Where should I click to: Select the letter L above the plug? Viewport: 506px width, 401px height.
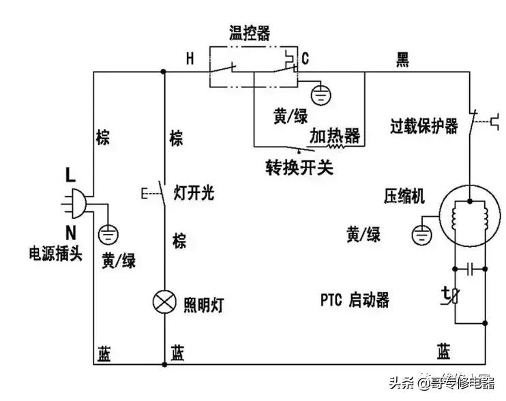70,175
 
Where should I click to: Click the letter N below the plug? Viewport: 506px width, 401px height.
70,230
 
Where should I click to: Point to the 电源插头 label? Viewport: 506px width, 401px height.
55,253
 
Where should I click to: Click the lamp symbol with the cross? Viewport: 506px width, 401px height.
165,302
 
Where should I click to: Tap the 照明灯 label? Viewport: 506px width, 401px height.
204,303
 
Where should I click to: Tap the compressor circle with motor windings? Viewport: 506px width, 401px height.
468,214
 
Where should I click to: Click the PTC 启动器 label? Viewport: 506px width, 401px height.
355,300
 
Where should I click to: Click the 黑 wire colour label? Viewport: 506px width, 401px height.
402,60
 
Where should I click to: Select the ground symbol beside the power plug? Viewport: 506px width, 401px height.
108,235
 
